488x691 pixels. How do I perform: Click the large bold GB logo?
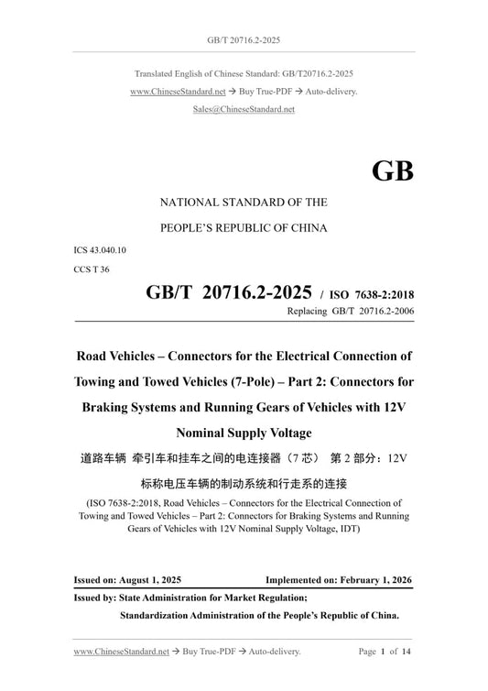(392, 171)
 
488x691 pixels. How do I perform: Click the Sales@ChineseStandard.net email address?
(244, 108)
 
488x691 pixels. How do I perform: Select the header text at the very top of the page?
(244, 16)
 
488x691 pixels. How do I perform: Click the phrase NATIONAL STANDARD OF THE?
(244, 202)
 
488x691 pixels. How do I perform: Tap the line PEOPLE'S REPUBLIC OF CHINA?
(244, 225)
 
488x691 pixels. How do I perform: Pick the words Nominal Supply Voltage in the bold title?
(244, 433)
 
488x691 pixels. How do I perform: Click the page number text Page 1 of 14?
(385, 653)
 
